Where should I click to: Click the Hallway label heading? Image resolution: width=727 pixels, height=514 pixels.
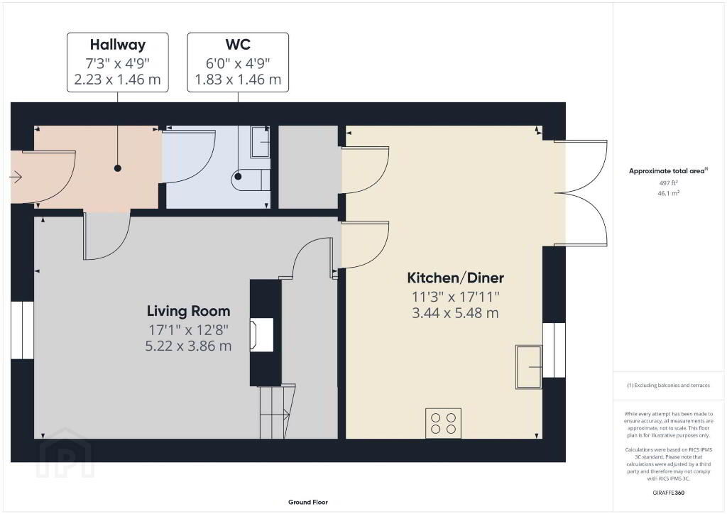118,45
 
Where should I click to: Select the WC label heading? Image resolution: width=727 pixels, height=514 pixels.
238,45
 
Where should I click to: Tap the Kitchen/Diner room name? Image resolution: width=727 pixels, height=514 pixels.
455,278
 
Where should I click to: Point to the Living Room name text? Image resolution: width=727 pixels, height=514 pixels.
188,311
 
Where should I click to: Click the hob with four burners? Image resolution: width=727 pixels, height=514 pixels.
443,423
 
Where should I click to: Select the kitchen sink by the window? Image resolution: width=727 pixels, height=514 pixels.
528,366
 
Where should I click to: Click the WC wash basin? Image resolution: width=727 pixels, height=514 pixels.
260,142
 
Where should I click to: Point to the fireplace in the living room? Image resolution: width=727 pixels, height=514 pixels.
261,334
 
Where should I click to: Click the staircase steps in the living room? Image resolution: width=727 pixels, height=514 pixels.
278,411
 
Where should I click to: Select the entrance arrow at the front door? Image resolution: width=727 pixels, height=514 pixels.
16,177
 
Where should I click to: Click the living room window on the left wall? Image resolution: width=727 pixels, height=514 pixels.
22,330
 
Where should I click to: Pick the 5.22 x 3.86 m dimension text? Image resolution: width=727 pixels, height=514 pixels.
188,346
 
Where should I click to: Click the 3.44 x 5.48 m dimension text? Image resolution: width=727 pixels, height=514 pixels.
455,313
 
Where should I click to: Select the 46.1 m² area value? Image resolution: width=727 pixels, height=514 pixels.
669,193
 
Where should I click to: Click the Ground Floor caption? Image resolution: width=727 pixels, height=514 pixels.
308,502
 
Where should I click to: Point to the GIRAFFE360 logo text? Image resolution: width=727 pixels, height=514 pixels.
669,493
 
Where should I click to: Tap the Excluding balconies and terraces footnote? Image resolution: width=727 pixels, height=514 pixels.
669,385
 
